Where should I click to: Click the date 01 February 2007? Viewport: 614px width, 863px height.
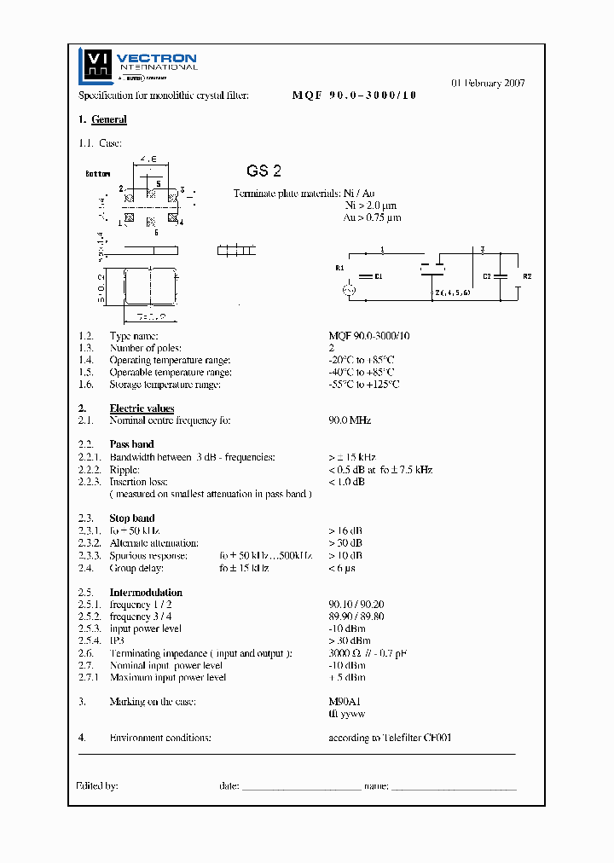tap(488, 84)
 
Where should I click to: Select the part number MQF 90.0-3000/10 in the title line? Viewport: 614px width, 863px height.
tap(354, 96)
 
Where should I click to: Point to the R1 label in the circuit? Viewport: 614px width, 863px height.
tap(339, 269)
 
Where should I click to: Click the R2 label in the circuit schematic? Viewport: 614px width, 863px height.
tap(527, 277)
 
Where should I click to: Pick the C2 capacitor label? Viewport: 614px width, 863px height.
tap(488, 277)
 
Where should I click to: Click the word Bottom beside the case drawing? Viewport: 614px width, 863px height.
tap(98, 173)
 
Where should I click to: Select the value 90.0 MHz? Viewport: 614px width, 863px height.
tap(350, 420)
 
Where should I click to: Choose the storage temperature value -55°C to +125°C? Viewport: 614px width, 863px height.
tap(364, 385)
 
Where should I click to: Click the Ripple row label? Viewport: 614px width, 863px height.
tap(125, 470)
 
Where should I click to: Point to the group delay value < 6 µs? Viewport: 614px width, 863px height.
tap(342, 568)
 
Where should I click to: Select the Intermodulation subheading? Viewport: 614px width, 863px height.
tap(146, 593)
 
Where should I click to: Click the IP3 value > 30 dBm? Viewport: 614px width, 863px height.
tap(350, 641)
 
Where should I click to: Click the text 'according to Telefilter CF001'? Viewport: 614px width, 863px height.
tap(390, 738)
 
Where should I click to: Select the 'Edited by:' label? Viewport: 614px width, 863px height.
tap(98, 786)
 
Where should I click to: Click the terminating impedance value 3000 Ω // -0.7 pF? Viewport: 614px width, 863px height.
tap(368, 653)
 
